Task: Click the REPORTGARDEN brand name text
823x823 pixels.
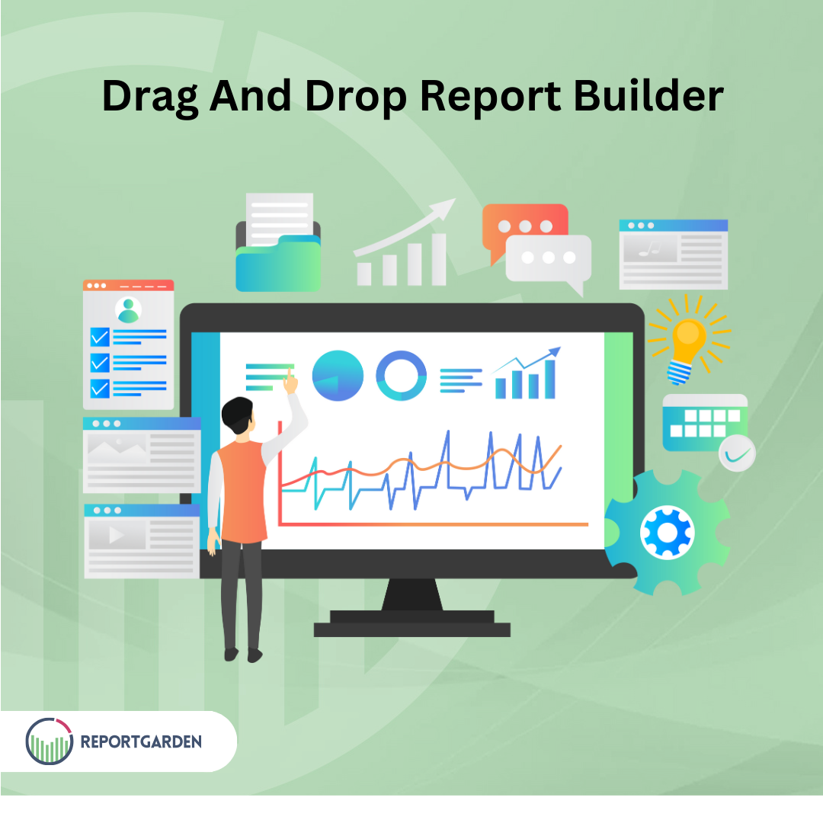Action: click(141, 741)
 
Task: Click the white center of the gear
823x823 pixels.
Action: click(667, 531)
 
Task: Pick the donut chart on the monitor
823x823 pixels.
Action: click(402, 376)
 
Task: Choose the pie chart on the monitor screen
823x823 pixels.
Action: click(338, 376)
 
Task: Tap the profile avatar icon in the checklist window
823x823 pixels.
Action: click(128, 310)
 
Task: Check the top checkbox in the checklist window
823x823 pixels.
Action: click(100, 336)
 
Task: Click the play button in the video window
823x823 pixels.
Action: click(116, 536)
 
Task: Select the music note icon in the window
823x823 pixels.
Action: click(649, 248)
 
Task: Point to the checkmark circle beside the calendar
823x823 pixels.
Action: click(737, 454)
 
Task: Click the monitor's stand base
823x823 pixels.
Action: click(412, 629)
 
